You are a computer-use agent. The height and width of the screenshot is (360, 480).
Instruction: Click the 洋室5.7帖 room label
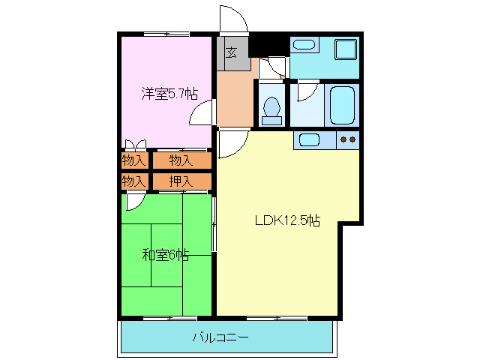(169, 94)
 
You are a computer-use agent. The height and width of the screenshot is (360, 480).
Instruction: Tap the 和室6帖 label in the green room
(165, 255)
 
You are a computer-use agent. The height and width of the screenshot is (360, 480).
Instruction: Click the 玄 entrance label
(232, 52)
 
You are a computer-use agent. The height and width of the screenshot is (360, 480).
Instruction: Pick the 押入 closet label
(181, 181)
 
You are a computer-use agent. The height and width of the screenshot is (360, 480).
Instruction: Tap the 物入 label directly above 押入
(181, 160)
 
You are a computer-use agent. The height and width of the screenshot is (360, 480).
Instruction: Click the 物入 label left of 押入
(133, 181)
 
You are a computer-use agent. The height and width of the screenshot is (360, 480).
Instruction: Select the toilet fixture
(271, 109)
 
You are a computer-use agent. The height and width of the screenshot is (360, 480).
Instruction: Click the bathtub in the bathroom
(343, 106)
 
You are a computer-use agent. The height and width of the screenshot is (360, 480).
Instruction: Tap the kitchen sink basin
(310, 139)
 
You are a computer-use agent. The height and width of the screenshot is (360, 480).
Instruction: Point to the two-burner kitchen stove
(347, 139)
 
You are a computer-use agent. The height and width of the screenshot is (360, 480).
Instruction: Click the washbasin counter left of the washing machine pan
(304, 45)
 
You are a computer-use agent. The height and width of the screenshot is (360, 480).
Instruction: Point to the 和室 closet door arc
(136, 199)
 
